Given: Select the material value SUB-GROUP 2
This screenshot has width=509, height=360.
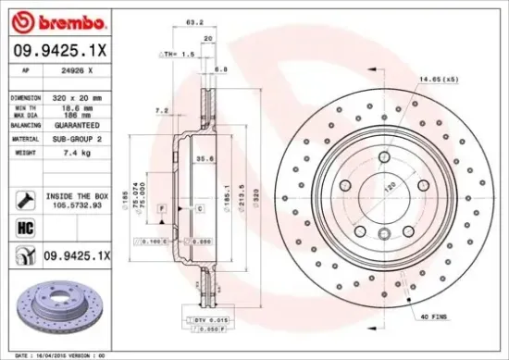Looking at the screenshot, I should click(73, 139).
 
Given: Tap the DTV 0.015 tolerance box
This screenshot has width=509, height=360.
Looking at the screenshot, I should click(213, 319).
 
